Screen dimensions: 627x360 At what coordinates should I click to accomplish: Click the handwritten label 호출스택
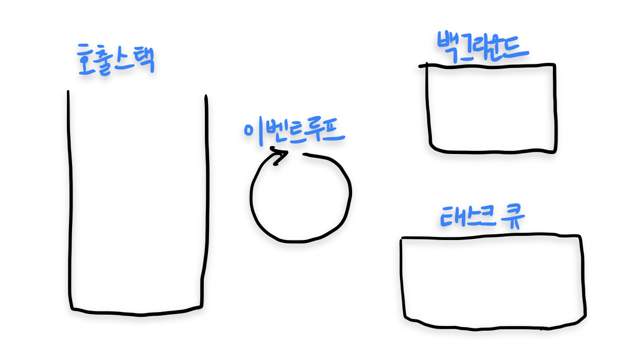(116, 59)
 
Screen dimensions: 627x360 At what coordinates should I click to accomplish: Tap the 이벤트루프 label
(294, 131)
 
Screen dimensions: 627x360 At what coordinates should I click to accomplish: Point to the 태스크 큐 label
(482, 217)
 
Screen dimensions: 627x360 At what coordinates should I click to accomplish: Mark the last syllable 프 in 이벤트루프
(333, 131)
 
